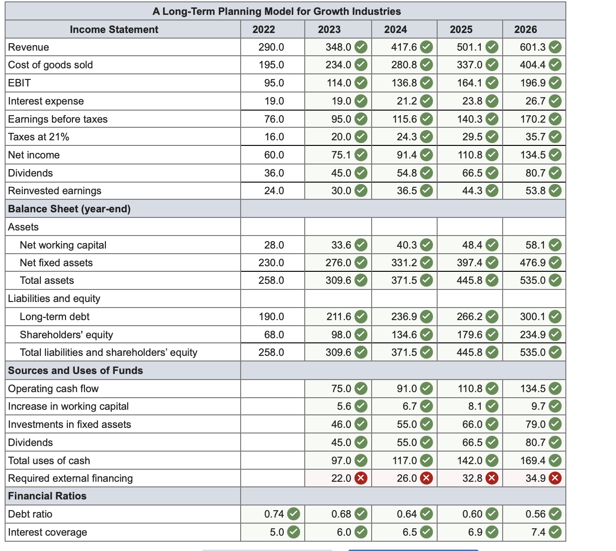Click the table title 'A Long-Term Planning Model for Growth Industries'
[x=276, y=11]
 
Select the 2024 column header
[x=395, y=29]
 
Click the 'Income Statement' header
[x=114, y=29]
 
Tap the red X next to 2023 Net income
[x=361, y=155]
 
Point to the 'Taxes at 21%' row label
[x=39, y=137]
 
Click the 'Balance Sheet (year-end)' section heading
[x=69, y=209]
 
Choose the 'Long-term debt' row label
[x=54, y=316]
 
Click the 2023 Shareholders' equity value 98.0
[x=341, y=335]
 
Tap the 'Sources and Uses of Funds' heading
[x=75, y=370]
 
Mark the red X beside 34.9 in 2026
[x=555, y=478]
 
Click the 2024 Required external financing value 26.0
[x=406, y=478]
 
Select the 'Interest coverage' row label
[x=47, y=532]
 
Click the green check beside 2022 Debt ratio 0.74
[x=294, y=514]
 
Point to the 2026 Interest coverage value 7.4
[x=538, y=532]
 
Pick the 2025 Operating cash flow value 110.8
[x=470, y=388]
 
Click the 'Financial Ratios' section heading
[x=47, y=496]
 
